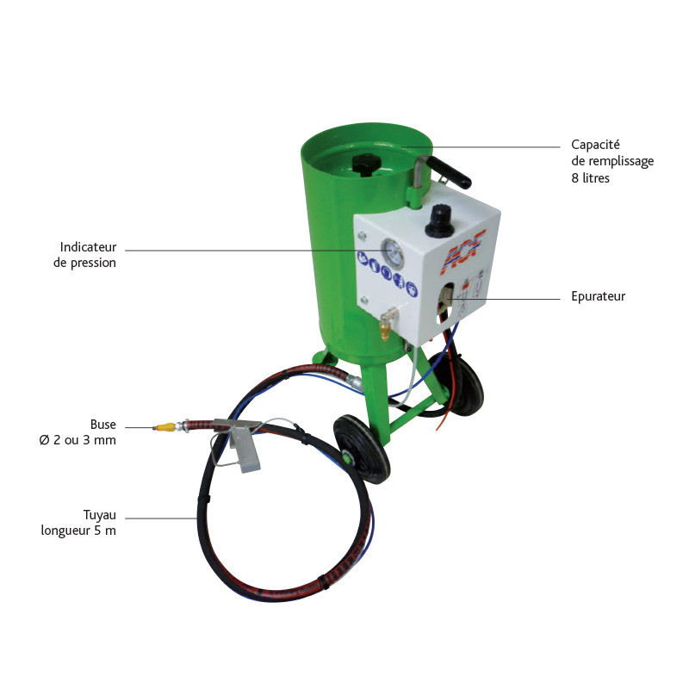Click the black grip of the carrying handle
pos(451,173)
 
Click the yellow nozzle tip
pos(161,426)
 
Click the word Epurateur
pos(599,296)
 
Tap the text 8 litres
pos(590,178)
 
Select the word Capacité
pos(596,145)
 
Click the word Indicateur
pos(88,246)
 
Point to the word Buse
pos(102,425)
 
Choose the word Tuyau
pos(99,514)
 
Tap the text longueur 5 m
pos(78,531)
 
